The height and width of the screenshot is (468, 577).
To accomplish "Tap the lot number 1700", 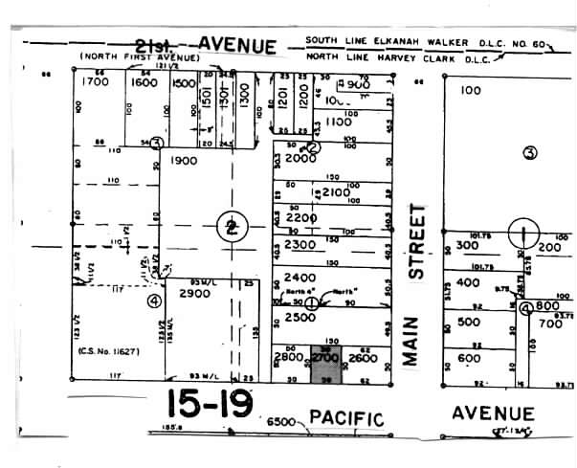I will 98,82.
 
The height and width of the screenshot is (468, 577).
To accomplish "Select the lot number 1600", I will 144,82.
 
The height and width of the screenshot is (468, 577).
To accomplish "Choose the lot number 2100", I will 336,192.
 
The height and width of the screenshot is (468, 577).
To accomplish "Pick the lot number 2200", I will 300,218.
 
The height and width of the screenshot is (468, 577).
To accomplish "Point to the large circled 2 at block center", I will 230,228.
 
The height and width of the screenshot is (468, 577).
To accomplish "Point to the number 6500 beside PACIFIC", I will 281,421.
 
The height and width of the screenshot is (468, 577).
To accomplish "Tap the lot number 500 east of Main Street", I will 469,322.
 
